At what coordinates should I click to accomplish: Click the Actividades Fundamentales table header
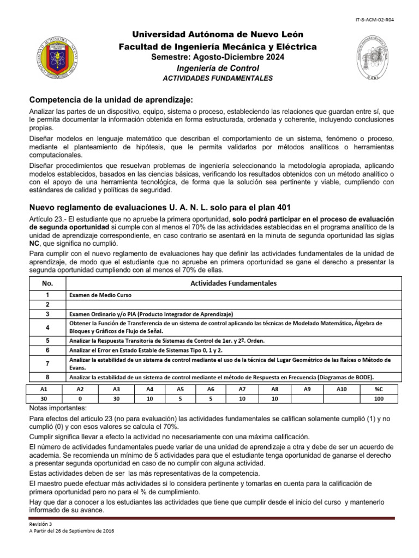[x=233, y=283]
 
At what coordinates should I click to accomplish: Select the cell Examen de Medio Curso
[x=100, y=295]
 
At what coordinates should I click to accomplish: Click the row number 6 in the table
[x=47, y=350]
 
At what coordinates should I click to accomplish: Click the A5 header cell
[x=181, y=389]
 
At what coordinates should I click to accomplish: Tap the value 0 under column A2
[x=80, y=399]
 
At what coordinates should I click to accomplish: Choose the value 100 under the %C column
[x=378, y=399]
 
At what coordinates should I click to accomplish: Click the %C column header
[x=378, y=389]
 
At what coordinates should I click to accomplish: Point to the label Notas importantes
[x=55, y=409]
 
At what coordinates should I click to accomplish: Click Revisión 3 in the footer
[x=41, y=524]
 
